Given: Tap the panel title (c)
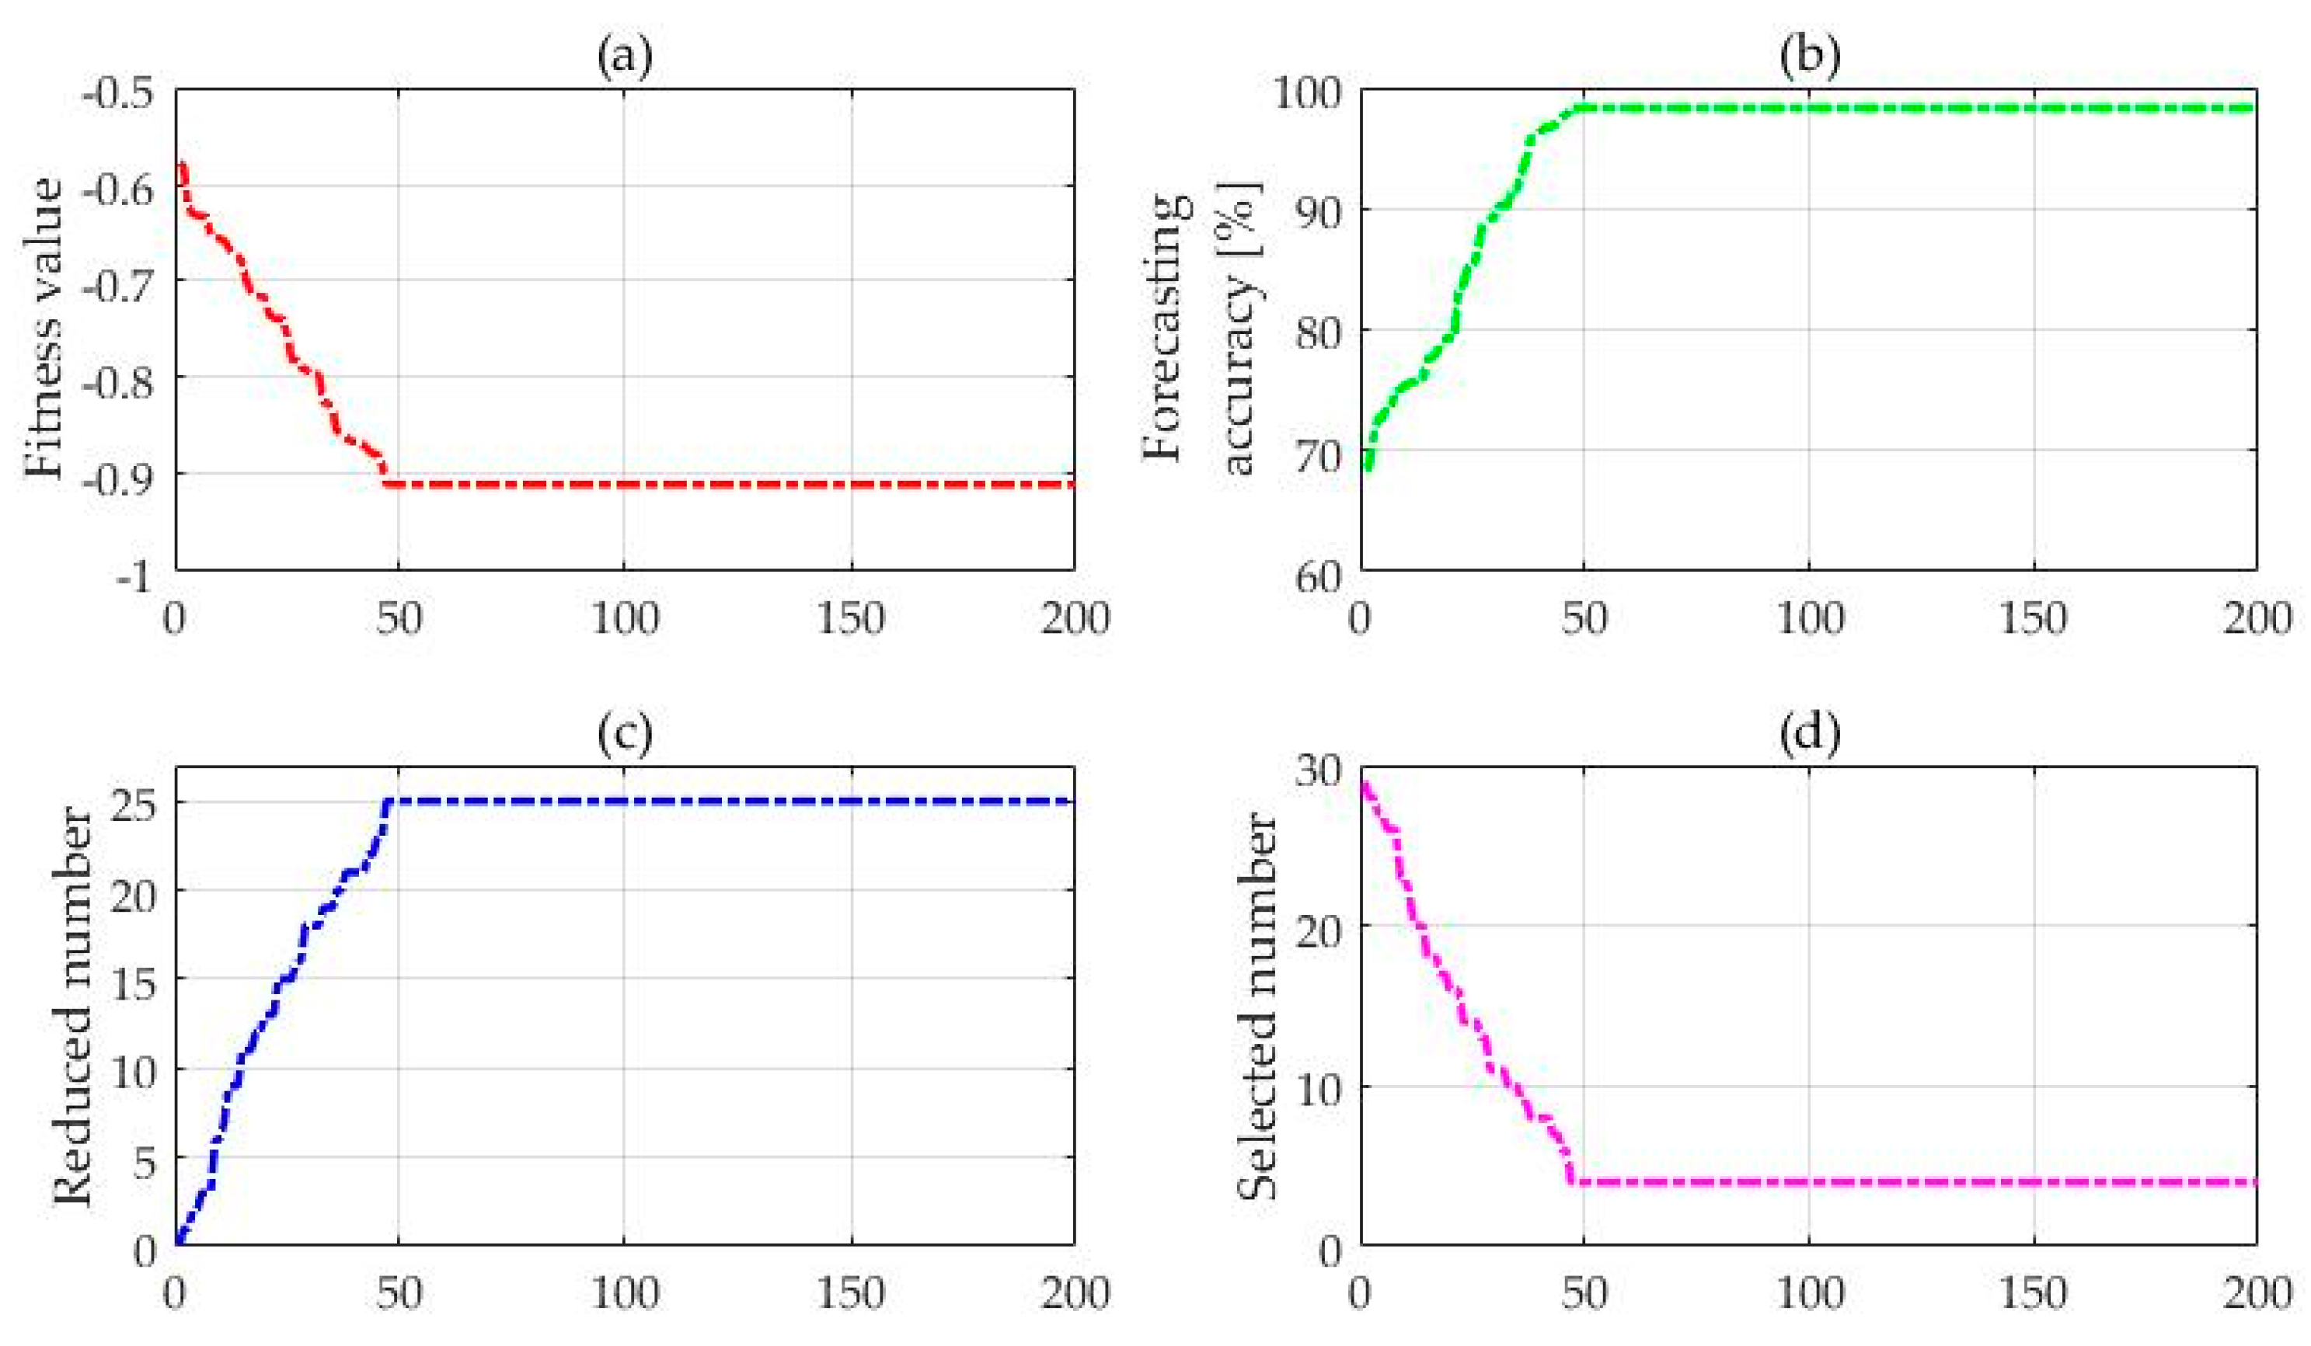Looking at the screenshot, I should [x=625, y=736].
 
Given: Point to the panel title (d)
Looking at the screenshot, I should [x=1808, y=736].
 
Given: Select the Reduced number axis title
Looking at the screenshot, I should [x=73, y=1007].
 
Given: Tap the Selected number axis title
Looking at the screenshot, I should [x=1257, y=1007].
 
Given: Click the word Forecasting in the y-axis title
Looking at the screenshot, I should [x=1166, y=329].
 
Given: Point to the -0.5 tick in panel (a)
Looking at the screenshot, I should [x=118, y=96].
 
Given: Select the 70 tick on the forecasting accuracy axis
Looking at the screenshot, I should [x=1320, y=455].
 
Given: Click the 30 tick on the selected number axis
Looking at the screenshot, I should [x=1320, y=771].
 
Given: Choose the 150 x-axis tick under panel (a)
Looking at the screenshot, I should [x=850, y=621].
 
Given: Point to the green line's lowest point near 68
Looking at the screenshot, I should [x=1369, y=468].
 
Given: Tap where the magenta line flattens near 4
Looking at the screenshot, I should [x=1573, y=1181].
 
